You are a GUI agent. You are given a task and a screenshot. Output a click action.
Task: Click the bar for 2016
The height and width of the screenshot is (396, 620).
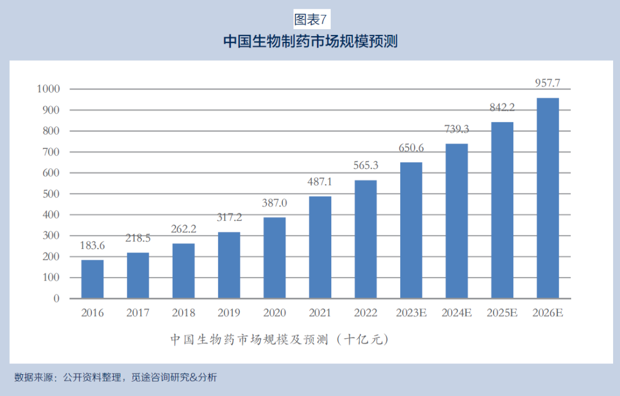(x=92, y=279)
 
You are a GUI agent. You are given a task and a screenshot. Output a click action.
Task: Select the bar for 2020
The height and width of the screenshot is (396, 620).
(x=274, y=258)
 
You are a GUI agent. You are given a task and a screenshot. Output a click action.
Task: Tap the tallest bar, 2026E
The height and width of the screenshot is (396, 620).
(x=547, y=199)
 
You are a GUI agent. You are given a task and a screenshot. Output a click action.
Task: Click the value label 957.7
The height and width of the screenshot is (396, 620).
(x=547, y=83)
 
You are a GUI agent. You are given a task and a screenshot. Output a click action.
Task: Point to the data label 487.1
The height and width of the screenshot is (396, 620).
(x=320, y=182)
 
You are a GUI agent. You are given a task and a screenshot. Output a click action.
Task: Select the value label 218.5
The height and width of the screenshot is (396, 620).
(x=138, y=238)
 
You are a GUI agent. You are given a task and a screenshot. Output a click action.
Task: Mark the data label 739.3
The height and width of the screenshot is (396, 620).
(x=456, y=129)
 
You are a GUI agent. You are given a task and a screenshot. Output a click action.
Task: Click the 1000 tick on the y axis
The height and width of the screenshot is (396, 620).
(x=48, y=89)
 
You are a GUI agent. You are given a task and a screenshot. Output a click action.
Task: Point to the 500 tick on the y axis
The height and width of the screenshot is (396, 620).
(x=51, y=194)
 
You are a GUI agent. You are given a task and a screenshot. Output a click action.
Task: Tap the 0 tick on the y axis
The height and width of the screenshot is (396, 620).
(x=56, y=298)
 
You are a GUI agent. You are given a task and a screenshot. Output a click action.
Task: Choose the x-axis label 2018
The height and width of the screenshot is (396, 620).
(x=183, y=313)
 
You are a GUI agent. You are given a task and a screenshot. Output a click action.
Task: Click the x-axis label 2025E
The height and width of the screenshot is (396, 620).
(x=502, y=313)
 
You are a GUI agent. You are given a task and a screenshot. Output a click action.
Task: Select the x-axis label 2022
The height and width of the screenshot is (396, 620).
(x=366, y=313)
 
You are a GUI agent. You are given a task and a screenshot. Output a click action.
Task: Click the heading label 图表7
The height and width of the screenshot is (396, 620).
(x=310, y=20)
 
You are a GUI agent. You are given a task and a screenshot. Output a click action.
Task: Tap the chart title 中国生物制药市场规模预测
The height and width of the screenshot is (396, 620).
(x=310, y=42)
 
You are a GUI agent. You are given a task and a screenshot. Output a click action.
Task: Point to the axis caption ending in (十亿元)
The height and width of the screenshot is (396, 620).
(x=279, y=339)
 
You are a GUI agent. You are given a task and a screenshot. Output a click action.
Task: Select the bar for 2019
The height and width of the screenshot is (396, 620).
(x=229, y=265)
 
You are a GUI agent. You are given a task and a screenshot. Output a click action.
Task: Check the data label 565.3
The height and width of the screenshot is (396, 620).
(x=366, y=166)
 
